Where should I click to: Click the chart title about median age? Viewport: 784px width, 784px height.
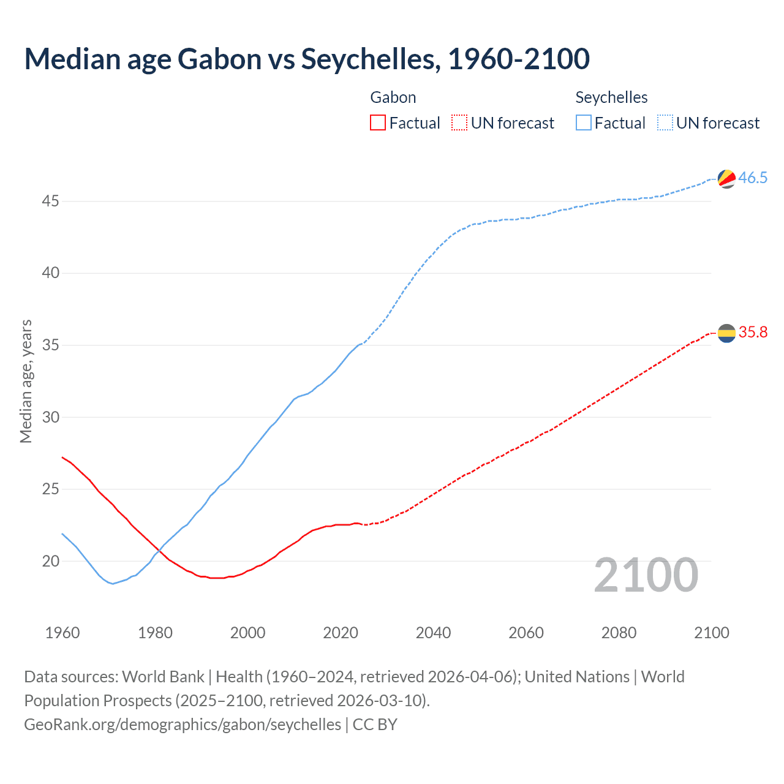307,59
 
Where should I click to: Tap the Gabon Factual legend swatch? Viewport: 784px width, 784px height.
378,123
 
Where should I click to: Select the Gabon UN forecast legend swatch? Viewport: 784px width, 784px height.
459,123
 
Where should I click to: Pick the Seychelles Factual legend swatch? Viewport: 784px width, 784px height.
584,123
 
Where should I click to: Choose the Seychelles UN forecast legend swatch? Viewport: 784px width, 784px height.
665,123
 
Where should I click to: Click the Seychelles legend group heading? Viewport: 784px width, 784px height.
611,97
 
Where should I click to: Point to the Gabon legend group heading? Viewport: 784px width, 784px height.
393,97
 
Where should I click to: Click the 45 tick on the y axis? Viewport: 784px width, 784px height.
51,201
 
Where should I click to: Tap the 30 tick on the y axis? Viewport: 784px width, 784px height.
51,417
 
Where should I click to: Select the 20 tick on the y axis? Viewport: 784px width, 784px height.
51,561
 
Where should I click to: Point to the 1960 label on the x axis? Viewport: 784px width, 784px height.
62,633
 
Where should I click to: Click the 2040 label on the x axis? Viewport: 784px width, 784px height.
433,633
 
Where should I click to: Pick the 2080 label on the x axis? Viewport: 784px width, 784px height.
619,633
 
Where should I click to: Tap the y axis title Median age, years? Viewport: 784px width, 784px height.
26,381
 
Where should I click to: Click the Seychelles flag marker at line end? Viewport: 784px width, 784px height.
726,178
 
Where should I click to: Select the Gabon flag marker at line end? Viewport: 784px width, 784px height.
726,333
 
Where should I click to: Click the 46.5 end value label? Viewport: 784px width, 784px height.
753,178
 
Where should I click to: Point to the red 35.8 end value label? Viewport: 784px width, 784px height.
753,333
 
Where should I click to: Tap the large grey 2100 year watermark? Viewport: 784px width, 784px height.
646,575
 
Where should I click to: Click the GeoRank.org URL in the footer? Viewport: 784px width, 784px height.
183,725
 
